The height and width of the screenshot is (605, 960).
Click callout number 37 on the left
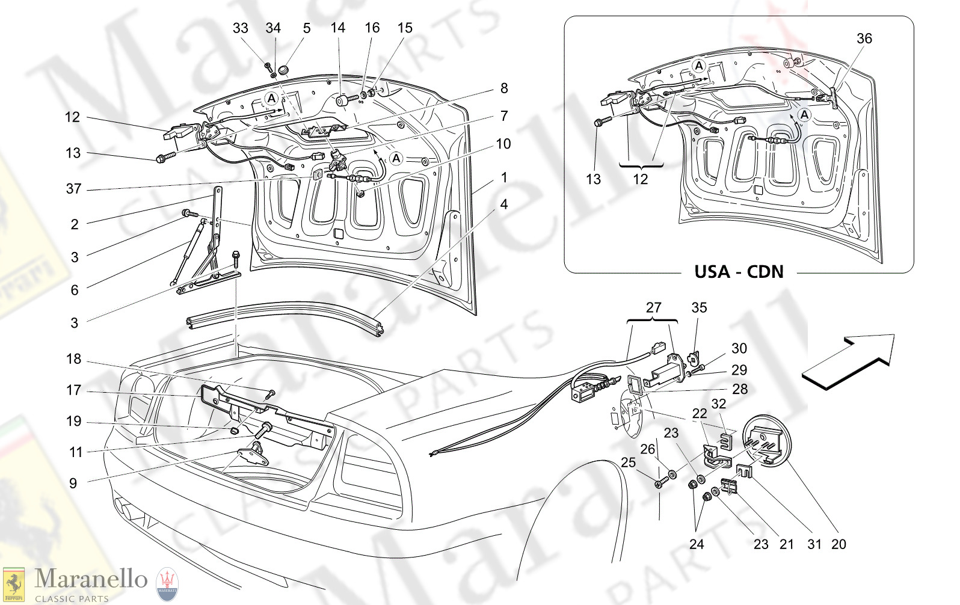[x=73, y=189]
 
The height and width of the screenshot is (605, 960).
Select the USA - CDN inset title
[x=739, y=272]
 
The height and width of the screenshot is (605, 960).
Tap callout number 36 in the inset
[x=864, y=38]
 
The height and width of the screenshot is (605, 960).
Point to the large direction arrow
[x=848, y=361]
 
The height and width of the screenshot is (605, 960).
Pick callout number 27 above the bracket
[x=653, y=308]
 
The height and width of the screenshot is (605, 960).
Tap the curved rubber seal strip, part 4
[x=283, y=315]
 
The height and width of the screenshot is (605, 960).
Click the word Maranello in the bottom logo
[x=90, y=579]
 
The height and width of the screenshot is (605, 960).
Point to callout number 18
[x=73, y=359]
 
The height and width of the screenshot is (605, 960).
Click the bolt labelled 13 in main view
[x=165, y=158]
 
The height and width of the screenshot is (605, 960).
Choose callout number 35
[x=699, y=308]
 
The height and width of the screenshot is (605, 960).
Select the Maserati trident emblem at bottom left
[x=167, y=583]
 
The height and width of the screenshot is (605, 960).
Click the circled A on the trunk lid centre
[x=396, y=159]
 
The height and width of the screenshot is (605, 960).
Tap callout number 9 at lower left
[x=73, y=483]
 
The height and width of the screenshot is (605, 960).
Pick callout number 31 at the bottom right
[x=814, y=544]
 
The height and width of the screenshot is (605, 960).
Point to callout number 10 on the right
[x=503, y=144]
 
